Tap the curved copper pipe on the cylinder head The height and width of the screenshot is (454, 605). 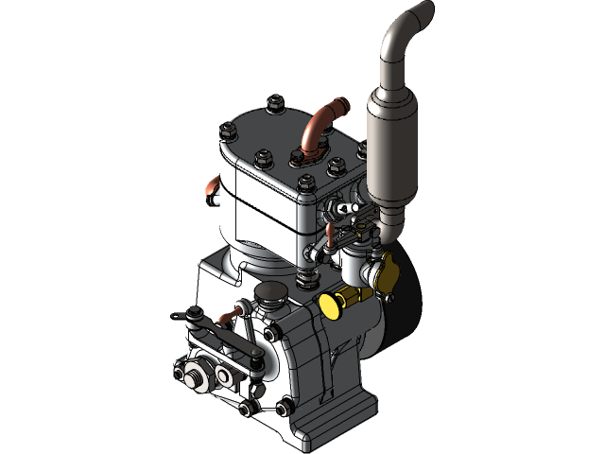click(x=315, y=128)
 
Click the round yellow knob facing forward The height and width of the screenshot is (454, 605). click(x=332, y=305)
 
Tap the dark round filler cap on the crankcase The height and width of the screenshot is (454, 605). click(x=271, y=295)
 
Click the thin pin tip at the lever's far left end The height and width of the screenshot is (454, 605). click(x=173, y=315)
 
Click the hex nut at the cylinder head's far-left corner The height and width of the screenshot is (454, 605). click(x=227, y=131)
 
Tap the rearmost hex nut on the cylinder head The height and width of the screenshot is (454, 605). click(x=275, y=101)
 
